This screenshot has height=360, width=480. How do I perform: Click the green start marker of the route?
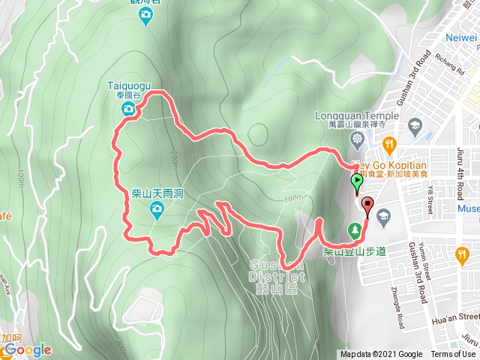(x=355, y=181)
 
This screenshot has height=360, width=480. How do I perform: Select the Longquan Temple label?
(x=357, y=116)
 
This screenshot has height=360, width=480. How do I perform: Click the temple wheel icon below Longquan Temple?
(x=357, y=139)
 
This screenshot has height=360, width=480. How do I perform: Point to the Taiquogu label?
(x=130, y=87)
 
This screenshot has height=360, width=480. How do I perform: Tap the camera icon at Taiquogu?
(x=130, y=110)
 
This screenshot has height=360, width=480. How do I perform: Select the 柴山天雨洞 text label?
(x=157, y=193)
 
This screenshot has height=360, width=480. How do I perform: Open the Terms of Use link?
(x=453, y=355)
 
